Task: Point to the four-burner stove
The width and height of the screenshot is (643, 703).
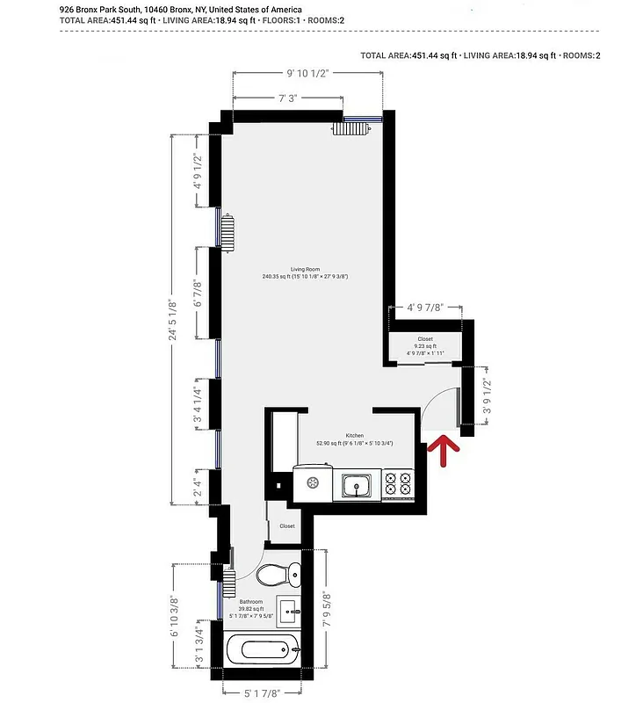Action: (400, 483)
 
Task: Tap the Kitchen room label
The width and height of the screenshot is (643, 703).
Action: (354, 436)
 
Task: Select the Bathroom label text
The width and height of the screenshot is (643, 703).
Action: (251, 601)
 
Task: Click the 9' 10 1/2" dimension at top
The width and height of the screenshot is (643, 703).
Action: (307, 74)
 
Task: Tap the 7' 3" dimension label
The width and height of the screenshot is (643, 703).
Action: (287, 99)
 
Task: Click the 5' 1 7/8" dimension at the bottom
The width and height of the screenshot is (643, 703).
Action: (263, 693)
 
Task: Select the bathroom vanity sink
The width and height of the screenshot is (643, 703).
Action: (289, 610)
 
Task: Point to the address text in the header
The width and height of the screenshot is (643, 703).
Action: (180, 10)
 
